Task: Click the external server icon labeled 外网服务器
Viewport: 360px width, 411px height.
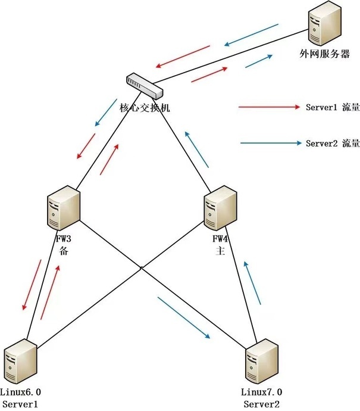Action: click(x=325, y=23)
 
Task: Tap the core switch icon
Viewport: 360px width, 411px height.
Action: click(x=145, y=86)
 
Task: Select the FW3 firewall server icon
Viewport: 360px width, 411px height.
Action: click(x=64, y=208)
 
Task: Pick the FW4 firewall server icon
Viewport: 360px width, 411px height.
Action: click(x=220, y=208)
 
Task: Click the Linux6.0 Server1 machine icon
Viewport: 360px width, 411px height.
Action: click(x=21, y=362)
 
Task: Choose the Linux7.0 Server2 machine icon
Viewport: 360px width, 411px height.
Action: click(x=262, y=362)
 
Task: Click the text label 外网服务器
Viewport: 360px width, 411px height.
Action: click(x=325, y=54)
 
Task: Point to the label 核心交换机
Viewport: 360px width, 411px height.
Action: click(x=145, y=108)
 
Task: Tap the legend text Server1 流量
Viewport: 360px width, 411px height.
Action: click(x=333, y=107)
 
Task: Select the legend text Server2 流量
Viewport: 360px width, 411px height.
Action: click(x=333, y=143)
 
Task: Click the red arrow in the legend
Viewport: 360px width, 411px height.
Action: click(x=269, y=107)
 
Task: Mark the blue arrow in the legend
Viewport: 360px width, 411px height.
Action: click(x=271, y=143)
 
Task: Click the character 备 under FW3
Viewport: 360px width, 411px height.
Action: click(x=64, y=251)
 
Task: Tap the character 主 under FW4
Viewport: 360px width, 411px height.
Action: click(x=220, y=251)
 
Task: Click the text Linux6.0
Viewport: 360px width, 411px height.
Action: click(x=20, y=392)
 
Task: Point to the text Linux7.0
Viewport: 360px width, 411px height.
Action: click(x=262, y=392)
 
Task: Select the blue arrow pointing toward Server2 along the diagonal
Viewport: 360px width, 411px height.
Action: click(x=184, y=317)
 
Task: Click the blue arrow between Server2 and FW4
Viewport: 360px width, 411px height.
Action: click(x=252, y=283)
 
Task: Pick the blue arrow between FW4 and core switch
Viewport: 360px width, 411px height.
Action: click(x=196, y=150)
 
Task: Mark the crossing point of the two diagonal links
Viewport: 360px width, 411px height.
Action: click(x=141, y=268)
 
